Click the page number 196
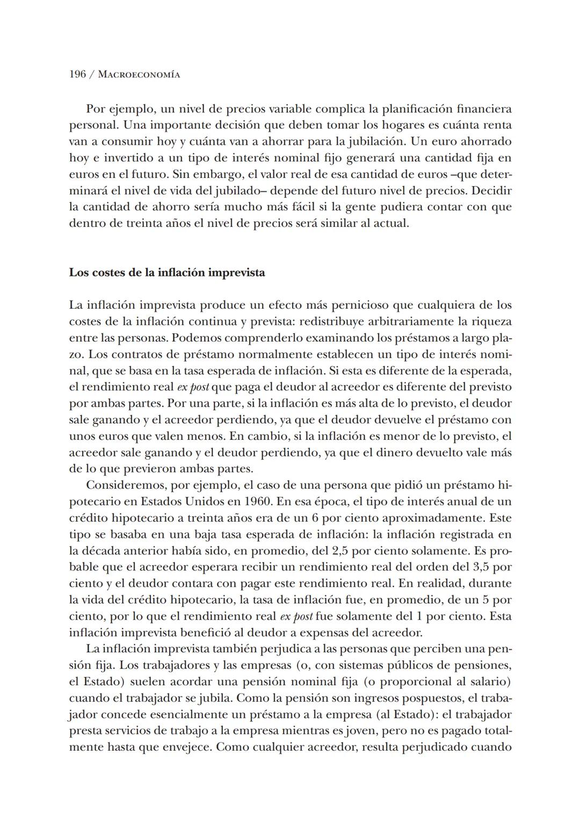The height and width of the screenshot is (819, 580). [x=77, y=74]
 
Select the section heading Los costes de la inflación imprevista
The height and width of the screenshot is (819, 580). [x=167, y=272]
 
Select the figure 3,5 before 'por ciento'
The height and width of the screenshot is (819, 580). [x=482, y=567]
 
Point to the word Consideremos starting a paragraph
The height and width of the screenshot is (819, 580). [x=126, y=485]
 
